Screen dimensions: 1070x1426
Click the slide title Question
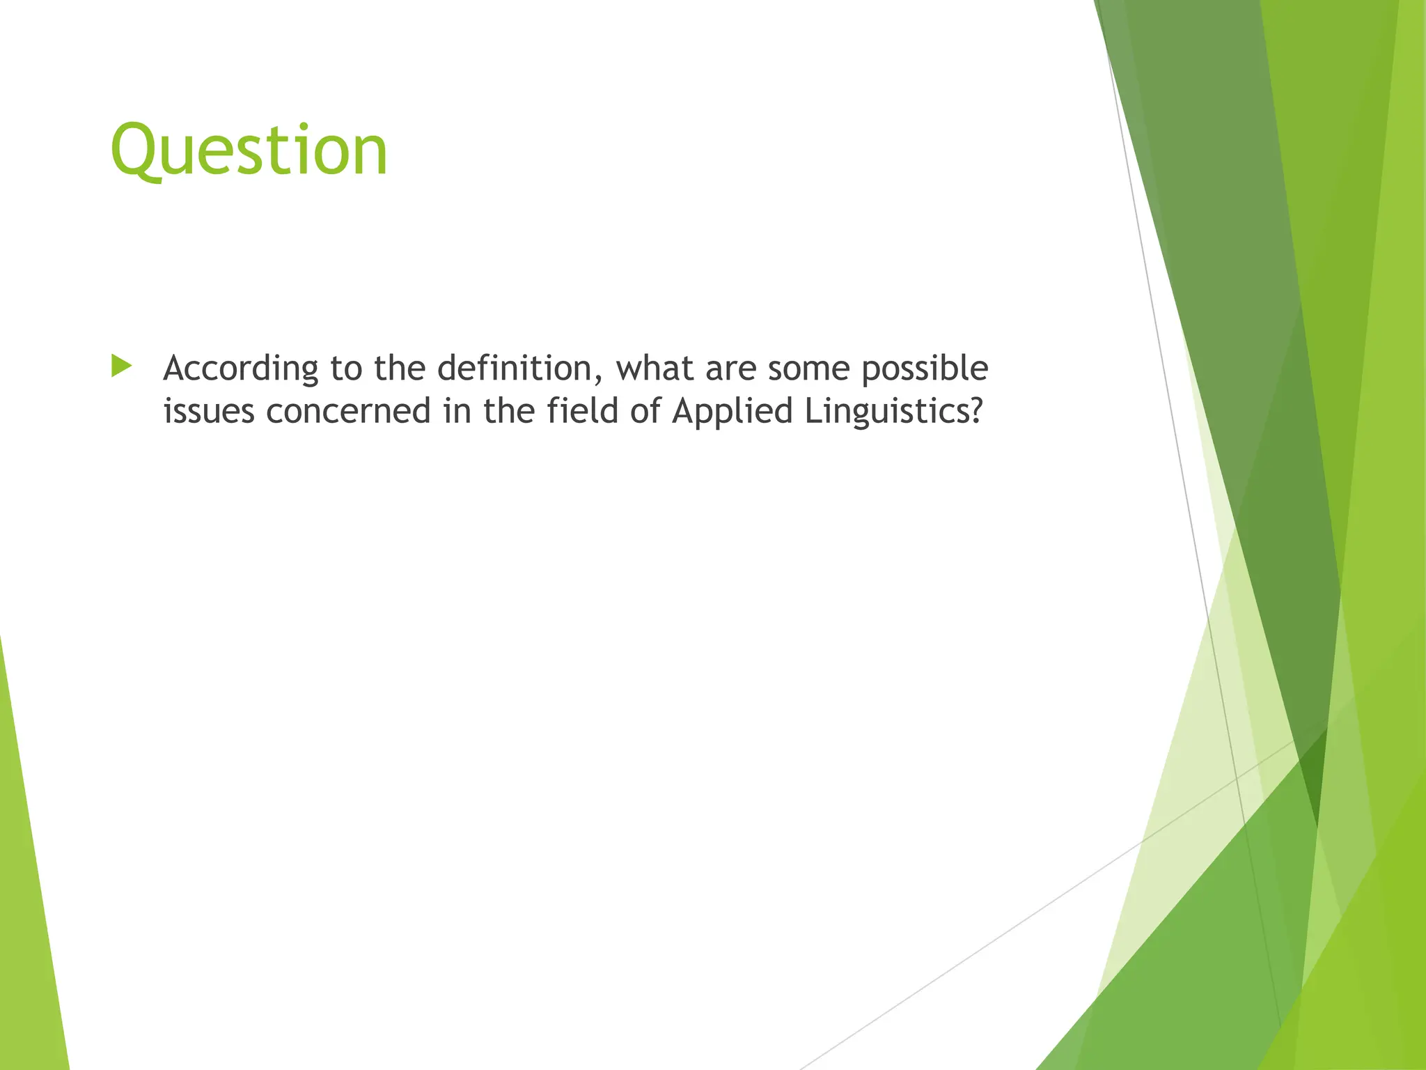pyautogui.click(x=249, y=150)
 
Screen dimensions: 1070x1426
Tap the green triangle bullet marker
pyautogui.click(x=120, y=366)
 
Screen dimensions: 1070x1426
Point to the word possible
pyautogui.click(x=924, y=369)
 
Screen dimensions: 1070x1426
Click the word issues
pyautogui.click(x=208, y=411)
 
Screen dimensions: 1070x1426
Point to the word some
pyautogui.click(x=808, y=369)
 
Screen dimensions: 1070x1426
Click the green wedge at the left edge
pyautogui.click(x=28, y=906)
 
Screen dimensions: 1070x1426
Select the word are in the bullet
pyautogui.click(x=730, y=369)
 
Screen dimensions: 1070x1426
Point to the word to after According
pyautogui.click(x=346, y=369)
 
